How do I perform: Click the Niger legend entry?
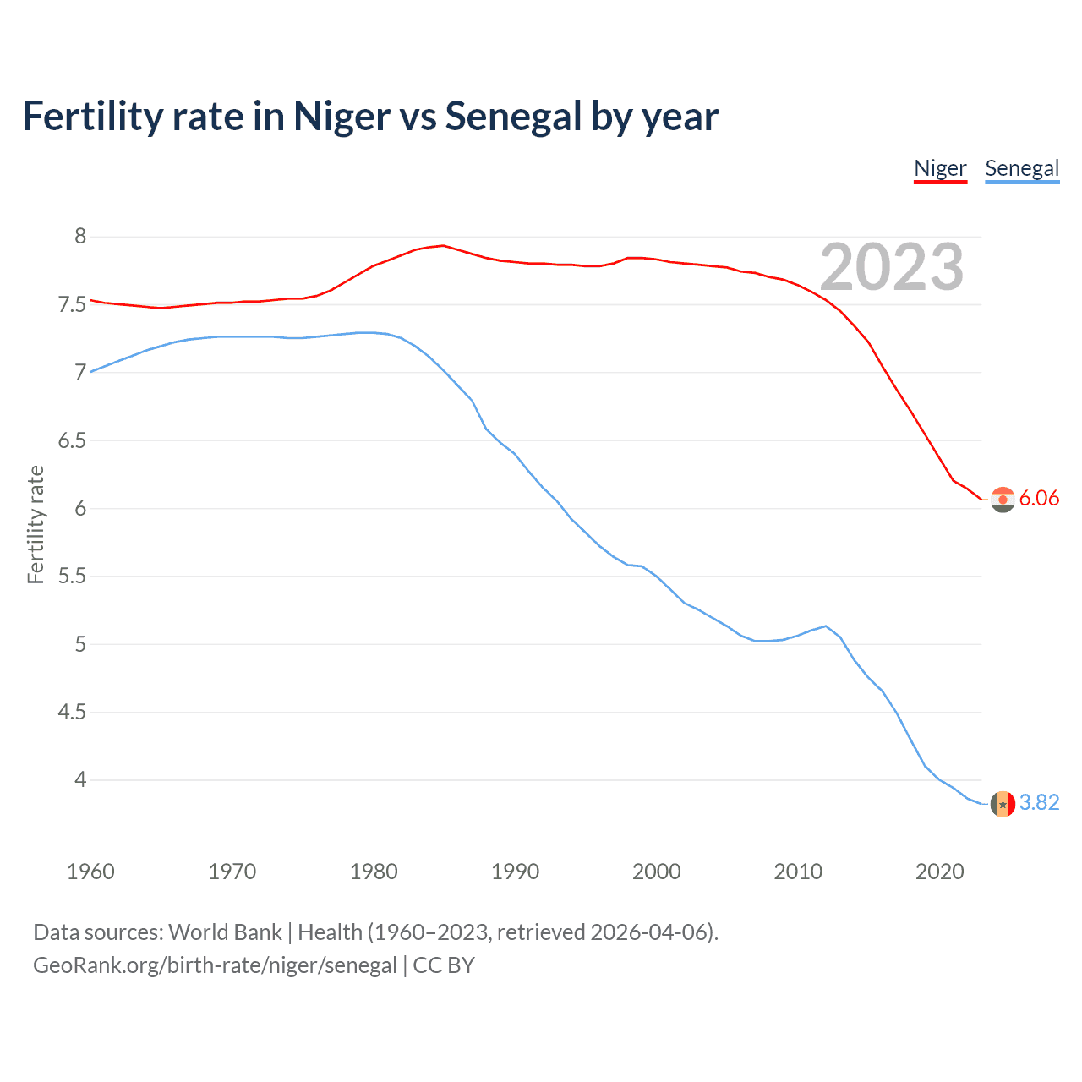tap(940, 168)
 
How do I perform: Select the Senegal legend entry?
tap(1022, 168)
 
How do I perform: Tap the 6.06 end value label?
tap(1039, 499)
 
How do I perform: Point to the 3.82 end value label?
tap(1039, 802)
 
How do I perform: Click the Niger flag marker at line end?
tap(1003, 500)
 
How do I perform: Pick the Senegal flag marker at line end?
tap(1003, 803)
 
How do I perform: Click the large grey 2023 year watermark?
tap(892, 268)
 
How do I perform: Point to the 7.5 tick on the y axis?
tap(72, 304)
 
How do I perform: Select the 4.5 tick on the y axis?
tap(72, 713)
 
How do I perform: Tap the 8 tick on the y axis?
tap(80, 237)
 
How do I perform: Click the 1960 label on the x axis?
tap(90, 872)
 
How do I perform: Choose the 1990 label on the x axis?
tap(515, 872)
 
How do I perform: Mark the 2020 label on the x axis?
tap(939, 872)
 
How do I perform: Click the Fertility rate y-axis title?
tap(36, 524)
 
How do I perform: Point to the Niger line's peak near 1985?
tap(443, 245)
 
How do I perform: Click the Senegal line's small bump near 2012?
tap(825, 626)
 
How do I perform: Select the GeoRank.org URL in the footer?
tap(215, 965)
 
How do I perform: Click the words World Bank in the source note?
tap(225, 932)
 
